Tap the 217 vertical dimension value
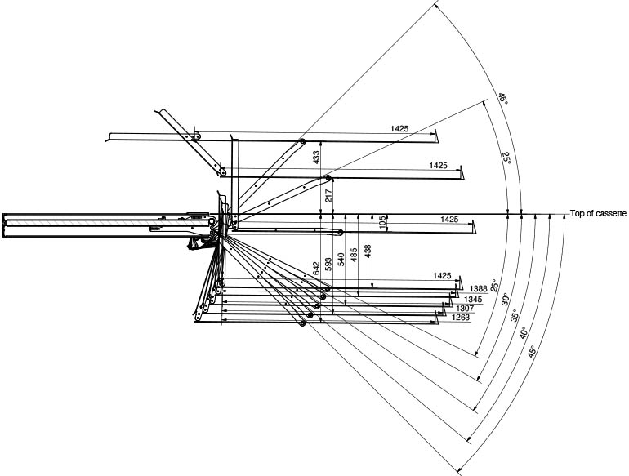(328, 195)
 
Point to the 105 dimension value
(381, 223)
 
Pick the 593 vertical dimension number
(328, 264)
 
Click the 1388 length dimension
(480, 287)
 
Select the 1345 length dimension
(473, 299)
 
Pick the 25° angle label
(506, 158)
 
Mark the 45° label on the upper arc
(503, 100)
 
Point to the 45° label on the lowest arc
(532, 353)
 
